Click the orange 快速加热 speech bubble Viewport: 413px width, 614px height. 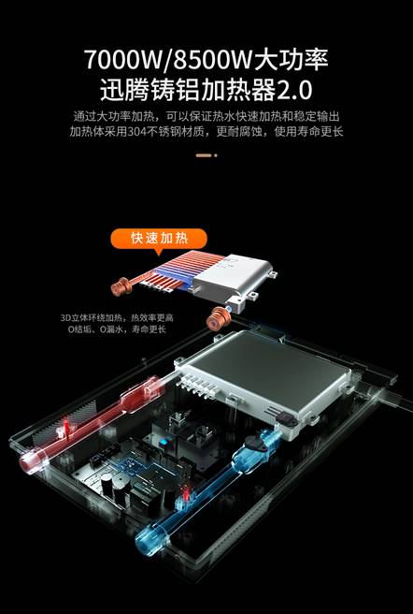point(159,239)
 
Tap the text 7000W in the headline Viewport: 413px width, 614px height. point(122,60)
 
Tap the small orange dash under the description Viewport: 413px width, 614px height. point(204,155)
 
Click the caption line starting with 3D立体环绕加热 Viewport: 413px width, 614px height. point(117,317)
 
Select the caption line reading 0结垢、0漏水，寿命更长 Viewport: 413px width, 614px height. point(117,329)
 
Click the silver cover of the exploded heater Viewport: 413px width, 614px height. point(234,277)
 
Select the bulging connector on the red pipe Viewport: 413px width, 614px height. point(142,392)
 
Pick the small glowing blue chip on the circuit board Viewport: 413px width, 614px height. point(163,443)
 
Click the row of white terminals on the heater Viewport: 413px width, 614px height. point(197,386)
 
